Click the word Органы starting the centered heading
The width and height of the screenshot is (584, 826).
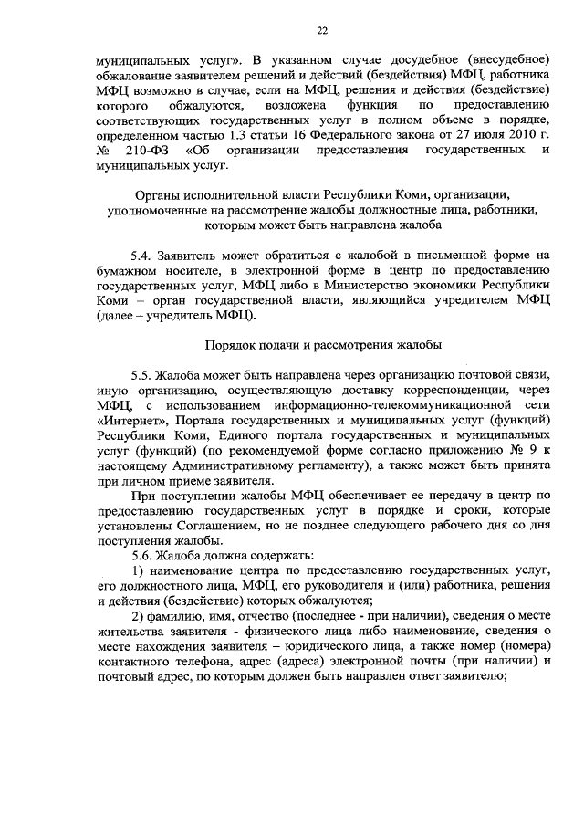[x=159, y=195]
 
